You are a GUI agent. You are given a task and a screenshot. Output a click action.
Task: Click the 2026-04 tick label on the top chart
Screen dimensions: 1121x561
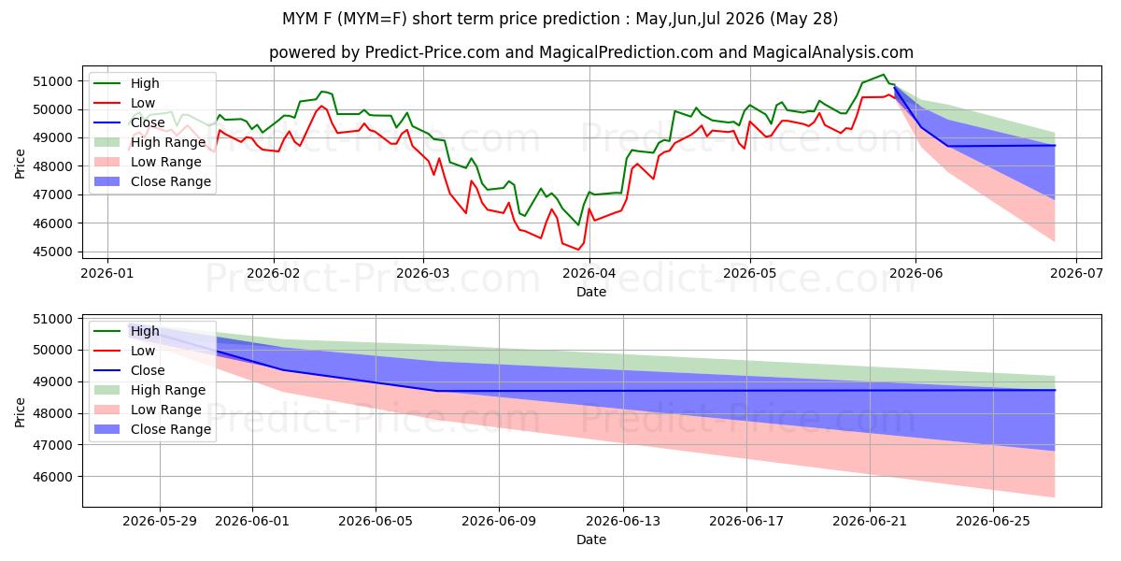(589, 273)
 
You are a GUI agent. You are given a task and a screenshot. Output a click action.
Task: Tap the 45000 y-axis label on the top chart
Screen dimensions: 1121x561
(52, 252)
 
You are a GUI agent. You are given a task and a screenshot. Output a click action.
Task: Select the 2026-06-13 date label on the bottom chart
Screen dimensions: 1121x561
(623, 522)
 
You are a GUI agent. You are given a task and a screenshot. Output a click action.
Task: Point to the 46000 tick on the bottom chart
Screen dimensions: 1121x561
(52, 477)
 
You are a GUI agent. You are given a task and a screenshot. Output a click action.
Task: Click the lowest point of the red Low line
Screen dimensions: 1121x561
(578, 250)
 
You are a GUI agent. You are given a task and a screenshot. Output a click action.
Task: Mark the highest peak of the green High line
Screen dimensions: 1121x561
(884, 75)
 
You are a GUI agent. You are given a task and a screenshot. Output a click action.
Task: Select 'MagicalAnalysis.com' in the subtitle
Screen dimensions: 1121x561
(832, 52)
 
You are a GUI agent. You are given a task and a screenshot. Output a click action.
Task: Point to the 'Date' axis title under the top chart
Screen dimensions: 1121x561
(591, 292)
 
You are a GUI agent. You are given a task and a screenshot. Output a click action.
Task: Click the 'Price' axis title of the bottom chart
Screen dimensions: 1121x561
(20, 412)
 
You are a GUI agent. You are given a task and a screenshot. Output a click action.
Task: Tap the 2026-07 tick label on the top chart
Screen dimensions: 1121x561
(1076, 273)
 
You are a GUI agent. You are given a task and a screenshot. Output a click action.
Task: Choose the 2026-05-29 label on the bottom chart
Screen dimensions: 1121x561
(160, 522)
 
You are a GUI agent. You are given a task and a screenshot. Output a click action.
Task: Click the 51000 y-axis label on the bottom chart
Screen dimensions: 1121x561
(52, 319)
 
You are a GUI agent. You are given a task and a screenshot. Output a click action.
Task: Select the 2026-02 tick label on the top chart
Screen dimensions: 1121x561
(273, 273)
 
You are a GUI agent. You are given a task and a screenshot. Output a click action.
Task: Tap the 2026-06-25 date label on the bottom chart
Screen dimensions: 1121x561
(993, 522)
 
